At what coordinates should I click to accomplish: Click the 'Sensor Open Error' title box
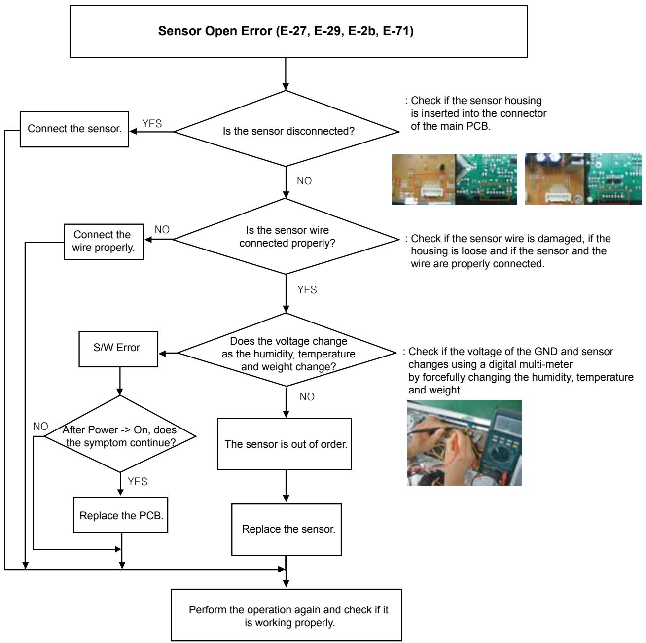[x=298, y=32]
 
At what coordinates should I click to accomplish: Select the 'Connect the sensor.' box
[x=74, y=129]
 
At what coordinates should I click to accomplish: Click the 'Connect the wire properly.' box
[x=104, y=242]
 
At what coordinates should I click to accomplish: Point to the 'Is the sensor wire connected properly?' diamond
[x=286, y=237]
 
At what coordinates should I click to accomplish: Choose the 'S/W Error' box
[x=118, y=349]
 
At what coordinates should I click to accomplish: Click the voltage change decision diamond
[x=287, y=350]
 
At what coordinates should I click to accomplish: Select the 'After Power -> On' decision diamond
[x=120, y=434]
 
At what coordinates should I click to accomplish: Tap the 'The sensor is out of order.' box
[x=284, y=444]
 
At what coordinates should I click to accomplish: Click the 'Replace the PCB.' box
[x=121, y=515]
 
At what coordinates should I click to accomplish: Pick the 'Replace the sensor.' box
[x=287, y=530]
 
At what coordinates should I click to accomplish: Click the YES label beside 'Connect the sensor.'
[x=152, y=124]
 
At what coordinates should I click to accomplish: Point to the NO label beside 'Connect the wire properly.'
[x=162, y=230]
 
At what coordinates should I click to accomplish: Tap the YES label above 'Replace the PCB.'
[x=138, y=481]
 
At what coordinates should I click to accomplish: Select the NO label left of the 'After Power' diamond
[x=40, y=427]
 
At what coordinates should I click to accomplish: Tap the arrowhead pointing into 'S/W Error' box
[x=162, y=354]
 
